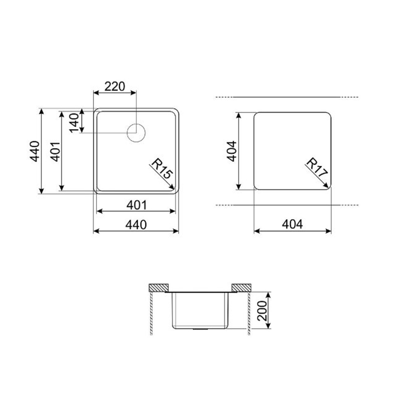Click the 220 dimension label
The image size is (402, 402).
tap(115, 86)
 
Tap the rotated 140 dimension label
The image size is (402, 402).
tap(74, 123)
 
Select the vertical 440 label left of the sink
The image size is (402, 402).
tap(35, 151)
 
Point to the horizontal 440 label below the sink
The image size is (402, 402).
tap(136, 225)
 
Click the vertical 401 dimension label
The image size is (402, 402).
tap(55, 152)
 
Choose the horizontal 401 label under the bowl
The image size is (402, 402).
tap(137, 205)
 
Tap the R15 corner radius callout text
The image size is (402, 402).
tap(162, 169)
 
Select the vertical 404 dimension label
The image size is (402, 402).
tap(232, 151)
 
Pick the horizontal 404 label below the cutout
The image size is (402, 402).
tap(292, 224)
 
